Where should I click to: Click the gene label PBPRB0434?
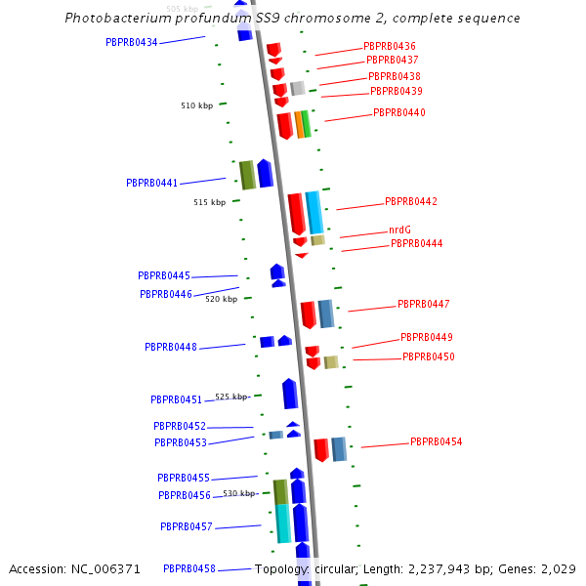pos(131,42)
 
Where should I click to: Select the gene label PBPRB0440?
pos(398,113)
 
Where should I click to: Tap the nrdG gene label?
pos(399,230)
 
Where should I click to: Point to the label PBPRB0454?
pos(436,442)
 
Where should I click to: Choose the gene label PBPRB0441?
pos(151,184)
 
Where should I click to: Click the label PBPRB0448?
pos(170,348)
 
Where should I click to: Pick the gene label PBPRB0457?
pos(186,527)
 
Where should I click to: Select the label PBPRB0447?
pos(423,305)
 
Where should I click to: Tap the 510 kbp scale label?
pos(196,105)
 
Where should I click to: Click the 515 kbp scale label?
pos(209,203)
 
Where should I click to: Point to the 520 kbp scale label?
pos(221,300)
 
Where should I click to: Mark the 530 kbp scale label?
pos(238,494)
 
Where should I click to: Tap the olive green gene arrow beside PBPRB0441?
pos(247,175)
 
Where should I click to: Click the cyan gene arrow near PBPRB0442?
pos(314,212)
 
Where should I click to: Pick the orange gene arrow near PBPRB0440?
pos(299,125)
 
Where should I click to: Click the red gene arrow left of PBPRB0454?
pos(320,450)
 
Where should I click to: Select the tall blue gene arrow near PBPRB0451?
pos(289,394)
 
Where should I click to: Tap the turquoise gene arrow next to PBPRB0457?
pos(282,523)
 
